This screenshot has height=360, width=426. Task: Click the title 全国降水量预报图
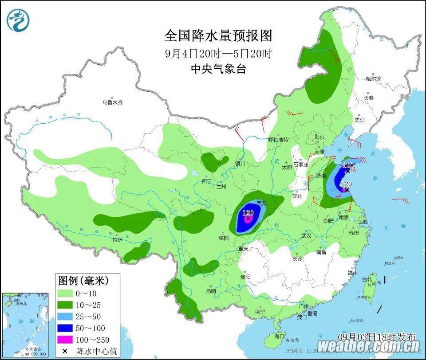[218, 35]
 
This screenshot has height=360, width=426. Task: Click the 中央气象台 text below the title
[218, 69]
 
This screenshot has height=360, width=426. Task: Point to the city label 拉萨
[117, 240]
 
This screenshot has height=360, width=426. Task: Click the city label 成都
[223, 238]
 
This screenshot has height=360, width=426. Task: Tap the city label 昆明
[211, 291]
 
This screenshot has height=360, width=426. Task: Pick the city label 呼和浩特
[278, 139]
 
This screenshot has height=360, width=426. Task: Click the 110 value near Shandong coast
[348, 165]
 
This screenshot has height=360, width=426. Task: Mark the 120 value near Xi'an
[248, 213]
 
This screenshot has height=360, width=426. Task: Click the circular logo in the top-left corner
[19, 20]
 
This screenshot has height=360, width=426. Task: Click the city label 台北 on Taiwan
[367, 280]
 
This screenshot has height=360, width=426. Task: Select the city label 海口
[279, 336]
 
